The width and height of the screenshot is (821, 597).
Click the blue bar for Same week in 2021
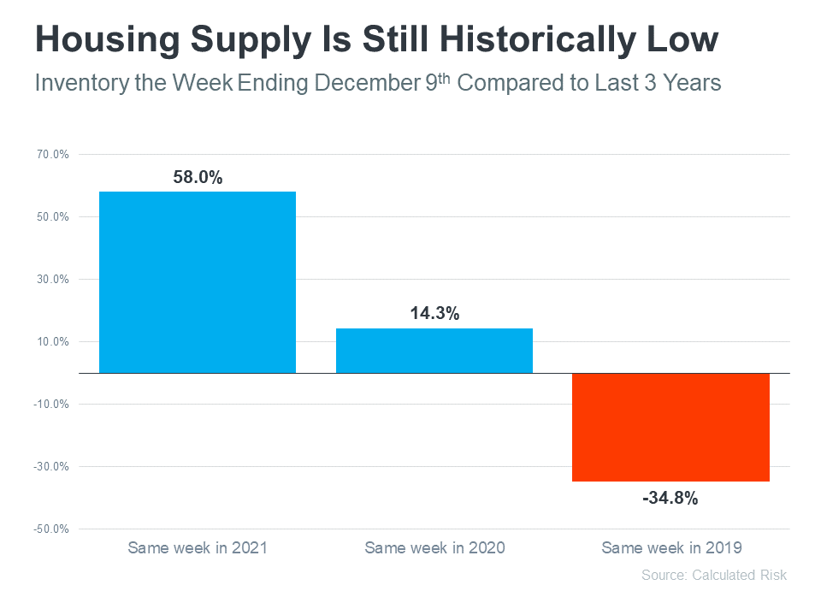(198, 282)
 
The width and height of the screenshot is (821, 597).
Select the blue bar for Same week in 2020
(434, 351)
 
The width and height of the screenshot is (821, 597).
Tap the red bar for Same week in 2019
(670, 427)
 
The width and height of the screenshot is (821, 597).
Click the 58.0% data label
(198, 178)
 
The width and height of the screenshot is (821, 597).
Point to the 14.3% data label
(434, 314)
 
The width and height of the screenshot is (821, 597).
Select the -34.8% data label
(670, 497)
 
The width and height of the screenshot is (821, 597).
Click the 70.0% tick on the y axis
(50, 155)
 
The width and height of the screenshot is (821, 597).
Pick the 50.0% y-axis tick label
(50, 217)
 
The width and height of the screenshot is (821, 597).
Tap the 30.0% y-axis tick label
(50, 280)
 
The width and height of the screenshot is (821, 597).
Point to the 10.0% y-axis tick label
(50, 342)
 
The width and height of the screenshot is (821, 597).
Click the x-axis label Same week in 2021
(198, 547)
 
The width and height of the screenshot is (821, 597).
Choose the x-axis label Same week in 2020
(434, 547)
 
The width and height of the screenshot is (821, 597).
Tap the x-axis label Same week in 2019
(671, 547)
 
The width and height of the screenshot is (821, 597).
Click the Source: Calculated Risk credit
(713, 575)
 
